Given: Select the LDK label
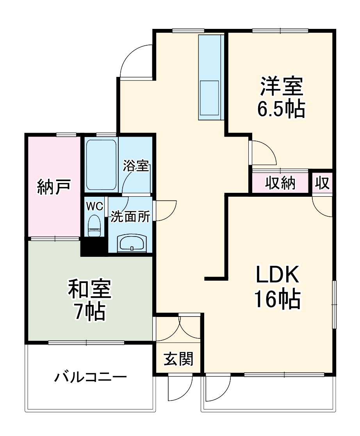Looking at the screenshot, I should pos(277,276).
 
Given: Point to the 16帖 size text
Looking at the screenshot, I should pos(277,299).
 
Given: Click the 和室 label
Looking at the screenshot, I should pos(90,289).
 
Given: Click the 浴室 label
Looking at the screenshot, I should pos(135,166).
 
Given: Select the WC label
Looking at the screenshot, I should pos(94,206).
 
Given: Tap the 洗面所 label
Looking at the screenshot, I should pos(130,217).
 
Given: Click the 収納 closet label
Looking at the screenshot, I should pos(281,183).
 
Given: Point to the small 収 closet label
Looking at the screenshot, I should pos(323,183).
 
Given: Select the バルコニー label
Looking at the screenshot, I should pos(91,377).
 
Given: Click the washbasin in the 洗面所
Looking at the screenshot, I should pos(132,244).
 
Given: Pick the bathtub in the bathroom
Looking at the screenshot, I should pos(101,165).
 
